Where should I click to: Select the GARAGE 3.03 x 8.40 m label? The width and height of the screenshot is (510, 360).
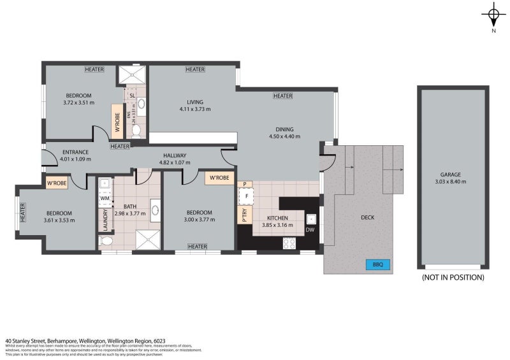[453, 178]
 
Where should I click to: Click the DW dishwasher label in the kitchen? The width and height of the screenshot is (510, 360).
[310, 230]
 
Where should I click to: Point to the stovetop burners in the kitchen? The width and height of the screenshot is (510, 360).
[289, 242]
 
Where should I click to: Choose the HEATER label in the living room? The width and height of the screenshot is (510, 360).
[195, 69]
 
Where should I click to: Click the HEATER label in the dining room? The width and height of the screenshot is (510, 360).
[282, 96]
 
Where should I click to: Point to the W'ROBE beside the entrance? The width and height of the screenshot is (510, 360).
[58, 184]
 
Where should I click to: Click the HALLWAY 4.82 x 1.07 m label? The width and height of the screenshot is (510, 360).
[174, 159]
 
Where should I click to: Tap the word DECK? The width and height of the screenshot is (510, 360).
[367, 217]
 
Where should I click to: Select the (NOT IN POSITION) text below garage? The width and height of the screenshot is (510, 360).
[453, 277]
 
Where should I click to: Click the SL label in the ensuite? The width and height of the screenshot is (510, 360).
[132, 96]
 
